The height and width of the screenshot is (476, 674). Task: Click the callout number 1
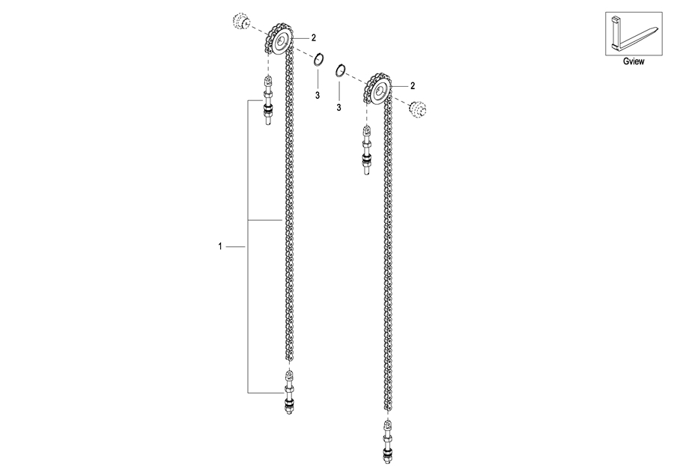coord(220,246)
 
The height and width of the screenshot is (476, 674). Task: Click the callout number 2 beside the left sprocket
coord(314,38)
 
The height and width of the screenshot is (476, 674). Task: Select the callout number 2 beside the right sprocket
coord(413,86)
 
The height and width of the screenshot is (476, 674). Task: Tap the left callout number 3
coord(318,95)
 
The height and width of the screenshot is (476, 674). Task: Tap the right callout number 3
coord(338,108)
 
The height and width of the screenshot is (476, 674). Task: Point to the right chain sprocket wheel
coord(379,89)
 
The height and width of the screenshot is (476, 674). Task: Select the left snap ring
coord(318,60)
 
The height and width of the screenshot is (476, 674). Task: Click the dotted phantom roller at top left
coord(240,21)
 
